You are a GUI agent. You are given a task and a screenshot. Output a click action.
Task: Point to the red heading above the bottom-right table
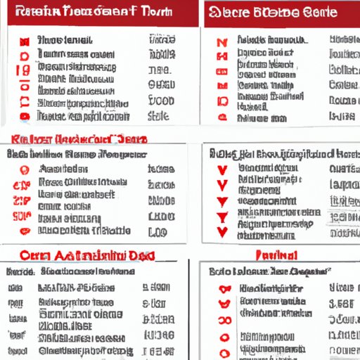pyautogui.click(x=277, y=255)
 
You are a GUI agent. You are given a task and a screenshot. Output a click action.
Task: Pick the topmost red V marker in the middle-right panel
pyautogui.click(x=223, y=169)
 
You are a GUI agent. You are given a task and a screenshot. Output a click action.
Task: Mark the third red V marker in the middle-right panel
pyautogui.click(x=223, y=201)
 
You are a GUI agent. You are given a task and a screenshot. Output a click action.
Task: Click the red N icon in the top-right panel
pyautogui.click(x=223, y=41)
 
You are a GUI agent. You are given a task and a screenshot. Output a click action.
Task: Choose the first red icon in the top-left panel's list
pyautogui.click(x=25, y=41)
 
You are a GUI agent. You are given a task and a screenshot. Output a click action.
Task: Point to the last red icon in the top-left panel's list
pyautogui.click(x=25, y=116)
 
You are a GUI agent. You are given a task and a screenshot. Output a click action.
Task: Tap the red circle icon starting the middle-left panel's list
pyautogui.click(x=25, y=169)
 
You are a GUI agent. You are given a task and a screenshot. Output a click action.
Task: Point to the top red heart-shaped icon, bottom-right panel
pyautogui.click(x=224, y=288)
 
